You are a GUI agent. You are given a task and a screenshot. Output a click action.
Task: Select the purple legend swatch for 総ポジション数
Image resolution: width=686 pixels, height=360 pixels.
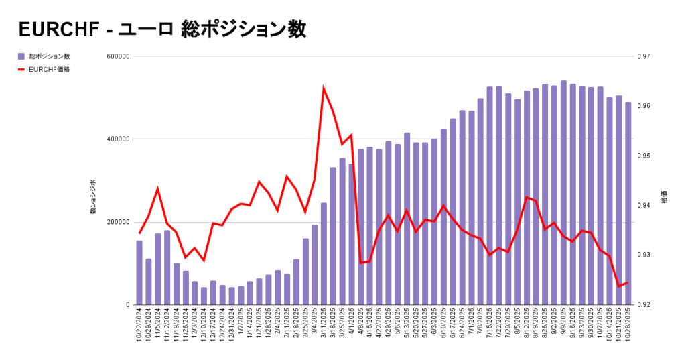(21, 56)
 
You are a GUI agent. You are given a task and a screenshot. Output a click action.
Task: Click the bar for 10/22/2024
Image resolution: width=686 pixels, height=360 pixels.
(139, 273)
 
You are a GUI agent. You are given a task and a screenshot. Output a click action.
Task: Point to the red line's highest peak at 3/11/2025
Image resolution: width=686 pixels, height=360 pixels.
(324, 88)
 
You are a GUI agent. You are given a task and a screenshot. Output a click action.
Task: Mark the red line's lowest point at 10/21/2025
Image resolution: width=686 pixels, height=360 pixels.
(619, 286)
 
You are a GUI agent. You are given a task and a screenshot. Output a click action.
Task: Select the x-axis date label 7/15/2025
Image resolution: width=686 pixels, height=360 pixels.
(490, 324)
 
